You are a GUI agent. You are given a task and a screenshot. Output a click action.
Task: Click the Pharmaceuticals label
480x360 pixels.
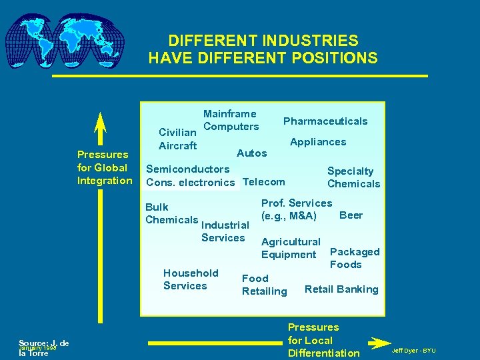tap(325, 121)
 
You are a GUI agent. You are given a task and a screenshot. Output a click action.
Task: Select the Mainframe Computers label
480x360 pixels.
tap(231, 121)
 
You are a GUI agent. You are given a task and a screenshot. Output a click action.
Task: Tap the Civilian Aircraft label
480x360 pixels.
tap(178, 139)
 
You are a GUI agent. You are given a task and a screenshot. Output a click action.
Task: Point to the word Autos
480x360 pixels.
tap(252, 153)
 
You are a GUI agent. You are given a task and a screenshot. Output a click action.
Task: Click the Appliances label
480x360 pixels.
tap(318, 142)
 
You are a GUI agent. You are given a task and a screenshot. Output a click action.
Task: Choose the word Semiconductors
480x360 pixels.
tap(187, 169)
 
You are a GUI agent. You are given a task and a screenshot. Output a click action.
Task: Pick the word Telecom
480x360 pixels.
tap(264, 182)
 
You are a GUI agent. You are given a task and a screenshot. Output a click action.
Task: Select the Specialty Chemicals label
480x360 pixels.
tap(353, 177)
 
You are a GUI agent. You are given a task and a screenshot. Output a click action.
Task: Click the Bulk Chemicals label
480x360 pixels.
tap(171, 213)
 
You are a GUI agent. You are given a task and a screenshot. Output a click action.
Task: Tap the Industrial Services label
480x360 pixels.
tap(225, 231)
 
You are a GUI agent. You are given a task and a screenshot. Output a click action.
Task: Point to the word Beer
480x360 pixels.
tap(351, 215)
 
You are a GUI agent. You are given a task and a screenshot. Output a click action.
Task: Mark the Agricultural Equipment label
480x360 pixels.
tap(291, 248)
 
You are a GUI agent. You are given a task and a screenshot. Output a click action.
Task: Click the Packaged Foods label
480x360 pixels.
tap(355, 258)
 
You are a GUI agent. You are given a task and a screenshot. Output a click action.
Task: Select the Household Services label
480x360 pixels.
tap(191, 279)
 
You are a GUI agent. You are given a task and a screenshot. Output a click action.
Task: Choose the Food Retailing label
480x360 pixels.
tap(264, 285)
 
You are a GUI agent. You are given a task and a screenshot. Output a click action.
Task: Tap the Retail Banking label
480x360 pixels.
tap(341, 289)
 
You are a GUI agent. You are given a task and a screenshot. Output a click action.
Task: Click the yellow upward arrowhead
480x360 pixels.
tap(100, 127)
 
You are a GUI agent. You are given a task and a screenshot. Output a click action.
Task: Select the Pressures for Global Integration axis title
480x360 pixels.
tap(105, 168)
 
